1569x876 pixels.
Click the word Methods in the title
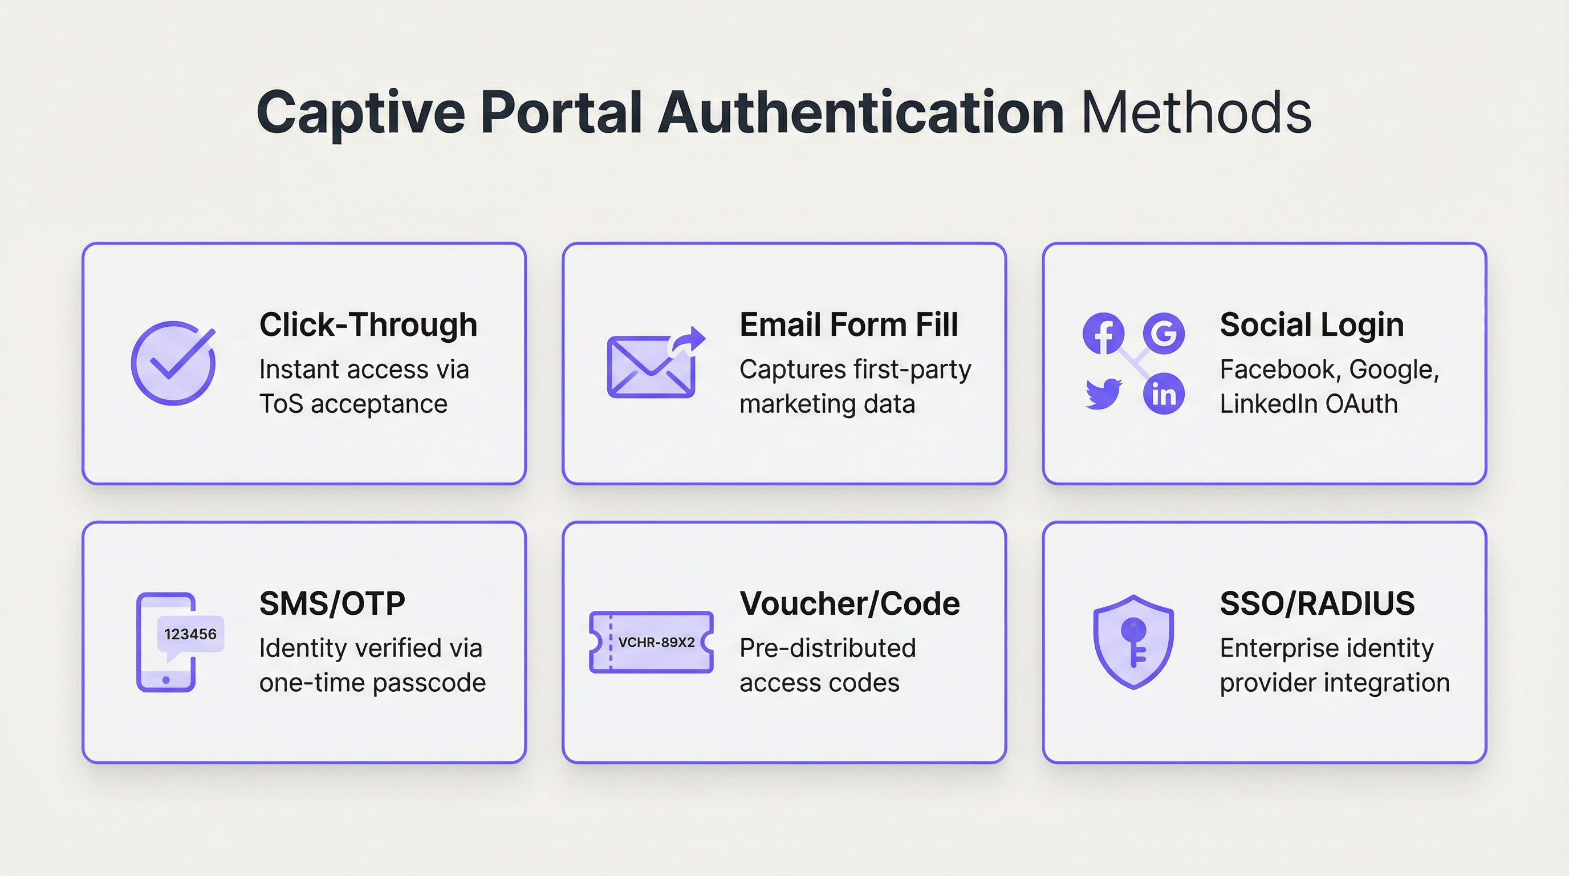[1196, 113]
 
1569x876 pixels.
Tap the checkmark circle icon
[173, 363]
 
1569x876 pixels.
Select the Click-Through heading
[368, 324]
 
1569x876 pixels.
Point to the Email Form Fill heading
[848, 324]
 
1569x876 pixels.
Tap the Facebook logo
[1103, 333]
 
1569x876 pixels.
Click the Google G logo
[1163, 333]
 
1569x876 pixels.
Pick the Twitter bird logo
[1103, 394]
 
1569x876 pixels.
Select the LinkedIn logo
[1163, 394]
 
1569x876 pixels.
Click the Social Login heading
[1311, 324]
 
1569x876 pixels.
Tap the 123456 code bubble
[190, 635]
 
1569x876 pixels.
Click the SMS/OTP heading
[332, 604]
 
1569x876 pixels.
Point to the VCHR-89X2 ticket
[651, 642]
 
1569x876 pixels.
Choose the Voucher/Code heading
[849, 604]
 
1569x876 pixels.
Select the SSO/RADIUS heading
[1317, 604]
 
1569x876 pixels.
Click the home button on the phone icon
[166, 680]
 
